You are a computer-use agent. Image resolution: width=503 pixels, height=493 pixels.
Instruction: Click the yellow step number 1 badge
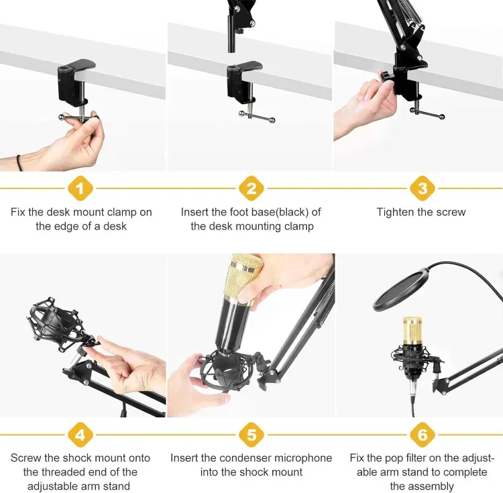pos(80,188)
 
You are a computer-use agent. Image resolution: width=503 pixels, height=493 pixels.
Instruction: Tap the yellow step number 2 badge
pos(251,188)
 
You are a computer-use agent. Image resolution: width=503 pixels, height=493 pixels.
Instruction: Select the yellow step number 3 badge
pos(423,188)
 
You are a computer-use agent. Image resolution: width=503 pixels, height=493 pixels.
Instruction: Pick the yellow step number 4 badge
pos(80,435)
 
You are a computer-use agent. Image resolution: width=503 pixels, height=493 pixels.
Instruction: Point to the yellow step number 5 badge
pos(251,435)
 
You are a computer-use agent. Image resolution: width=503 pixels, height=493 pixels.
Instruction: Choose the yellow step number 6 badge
pos(423,435)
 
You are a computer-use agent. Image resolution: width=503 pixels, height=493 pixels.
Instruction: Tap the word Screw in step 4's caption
pos(25,457)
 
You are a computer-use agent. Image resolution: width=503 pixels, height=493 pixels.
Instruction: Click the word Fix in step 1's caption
pos(18,212)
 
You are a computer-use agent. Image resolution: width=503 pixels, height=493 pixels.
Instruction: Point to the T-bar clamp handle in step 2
pos(257,117)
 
